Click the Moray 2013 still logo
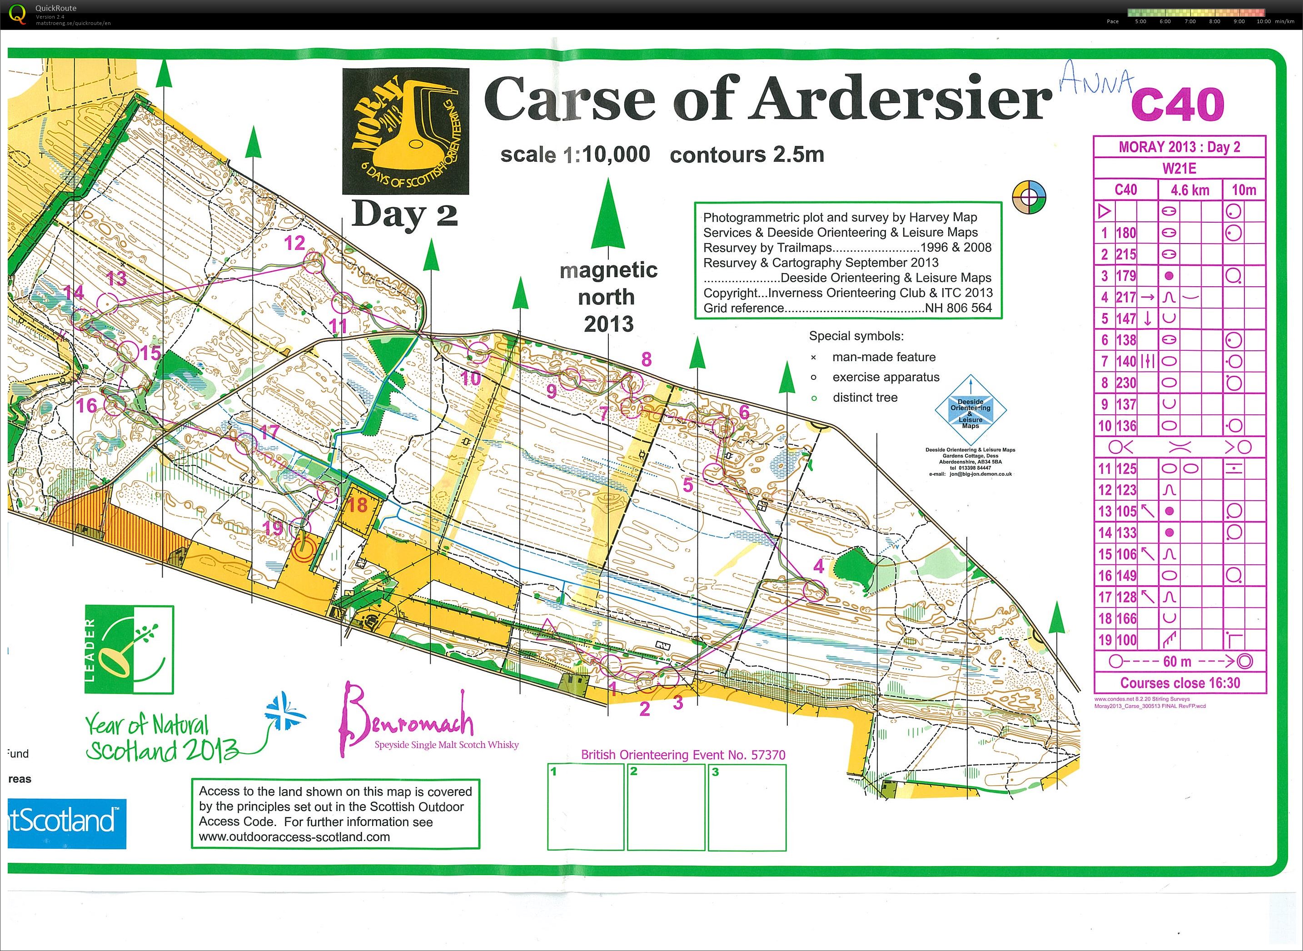click(405, 131)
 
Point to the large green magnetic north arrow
click(608, 216)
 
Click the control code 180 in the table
click(1126, 233)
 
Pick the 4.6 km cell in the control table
click(1189, 190)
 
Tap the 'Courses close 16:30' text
click(1180, 683)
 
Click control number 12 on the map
click(294, 243)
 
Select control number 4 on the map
click(818, 567)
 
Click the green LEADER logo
click(129, 649)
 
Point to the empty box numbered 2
click(666, 807)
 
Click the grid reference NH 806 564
click(958, 308)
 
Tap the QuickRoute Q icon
click(18, 14)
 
